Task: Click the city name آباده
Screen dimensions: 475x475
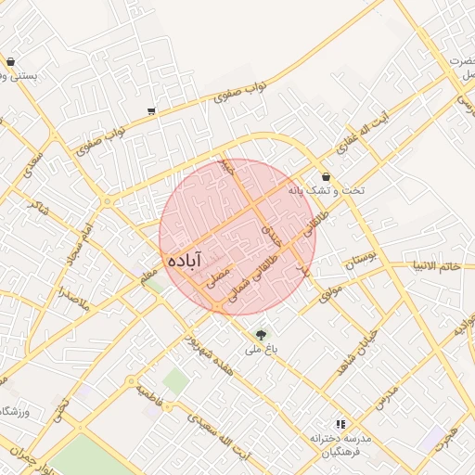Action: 186,261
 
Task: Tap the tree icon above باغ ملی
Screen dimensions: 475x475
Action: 261,334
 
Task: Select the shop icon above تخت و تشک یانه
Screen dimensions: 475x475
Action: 326,176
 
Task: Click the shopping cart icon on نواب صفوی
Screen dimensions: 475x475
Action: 151,111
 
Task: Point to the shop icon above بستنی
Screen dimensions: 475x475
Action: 10,62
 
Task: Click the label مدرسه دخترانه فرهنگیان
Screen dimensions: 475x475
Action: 340,443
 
